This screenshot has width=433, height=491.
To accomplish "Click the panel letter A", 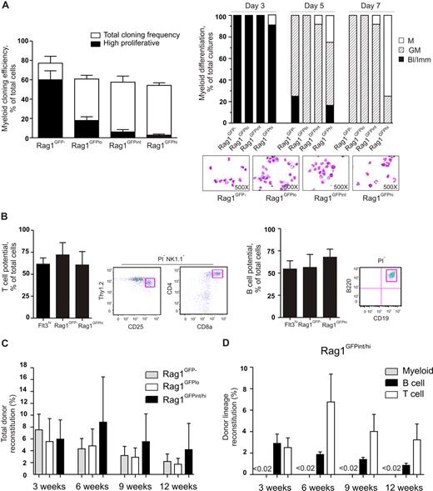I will pyautogui.click(x=6, y=6).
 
